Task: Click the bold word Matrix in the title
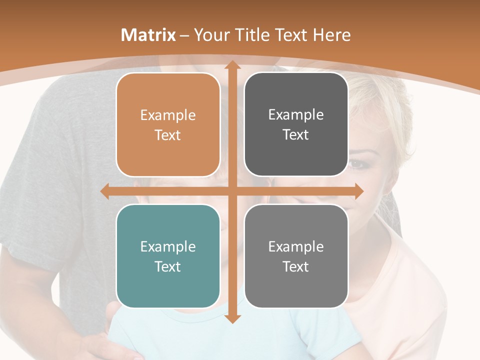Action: pyautogui.click(x=148, y=35)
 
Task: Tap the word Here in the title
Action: pyautogui.click(x=331, y=35)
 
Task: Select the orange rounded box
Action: pyautogui.click(x=168, y=124)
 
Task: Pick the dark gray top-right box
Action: pyautogui.click(x=296, y=124)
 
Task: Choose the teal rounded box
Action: pyautogui.click(x=168, y=256)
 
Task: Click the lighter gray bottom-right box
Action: pyautogui.click(x=296, y=256)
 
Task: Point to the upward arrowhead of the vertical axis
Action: pyautogui.click(x=232, y=65)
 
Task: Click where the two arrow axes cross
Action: pyautogui.click(x=232, y=191)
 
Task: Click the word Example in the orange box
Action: pyautogui.click(x=168, y=115)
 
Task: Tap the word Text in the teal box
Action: pyautogui.click(x=168, y=266)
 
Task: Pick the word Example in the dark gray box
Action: pyautogui.click(x=296, y=115)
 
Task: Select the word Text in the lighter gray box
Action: pyautogui.click(x=296, y=266)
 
